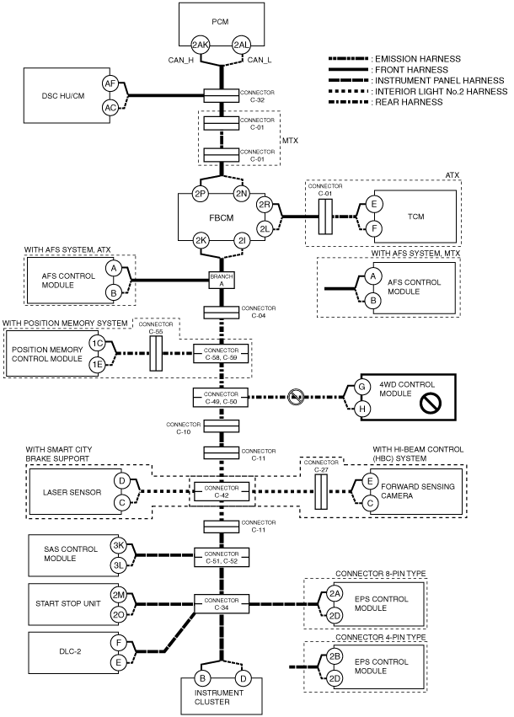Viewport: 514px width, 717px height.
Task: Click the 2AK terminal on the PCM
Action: pos(200,45)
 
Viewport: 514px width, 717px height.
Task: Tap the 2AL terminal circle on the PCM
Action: pos(242,45)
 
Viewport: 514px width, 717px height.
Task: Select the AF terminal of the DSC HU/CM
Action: pos(110,83)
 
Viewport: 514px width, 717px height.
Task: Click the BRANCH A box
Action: pos(222,280)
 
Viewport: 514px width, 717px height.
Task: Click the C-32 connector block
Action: pos(222,95)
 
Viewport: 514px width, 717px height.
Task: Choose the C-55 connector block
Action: pos(156,354)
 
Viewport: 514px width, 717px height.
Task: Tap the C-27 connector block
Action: pos(321,491)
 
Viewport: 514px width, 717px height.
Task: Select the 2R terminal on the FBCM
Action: pos(265,205)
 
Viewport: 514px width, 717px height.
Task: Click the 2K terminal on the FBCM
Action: pos(201,240)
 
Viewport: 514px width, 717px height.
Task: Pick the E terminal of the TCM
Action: pos(373,205)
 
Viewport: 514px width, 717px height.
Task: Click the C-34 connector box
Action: pos(222,604)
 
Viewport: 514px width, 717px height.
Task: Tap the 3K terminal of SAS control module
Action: pos(119,545)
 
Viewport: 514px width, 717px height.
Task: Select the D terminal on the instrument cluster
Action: pos(244,678)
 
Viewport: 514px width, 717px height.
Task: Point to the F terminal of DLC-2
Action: pos(119,643)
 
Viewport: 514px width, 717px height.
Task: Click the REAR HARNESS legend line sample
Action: pos(348,102)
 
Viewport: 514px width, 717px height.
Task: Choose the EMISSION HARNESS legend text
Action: pos(418,58)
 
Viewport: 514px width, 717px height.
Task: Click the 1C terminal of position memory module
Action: pos(97,344)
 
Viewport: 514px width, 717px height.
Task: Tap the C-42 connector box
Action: pos(222,491)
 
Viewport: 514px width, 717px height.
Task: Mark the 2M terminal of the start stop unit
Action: pos(119,595)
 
